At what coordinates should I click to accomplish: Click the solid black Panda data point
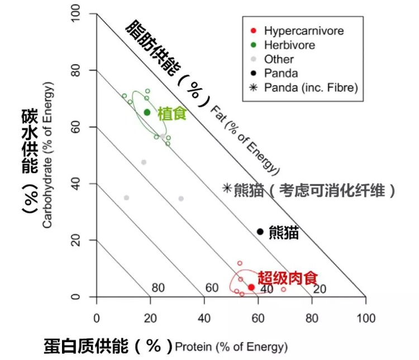(x=260, y=232)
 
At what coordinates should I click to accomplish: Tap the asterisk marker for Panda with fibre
(x=227, y=189)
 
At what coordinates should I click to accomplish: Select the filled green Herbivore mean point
(x=147, y=112)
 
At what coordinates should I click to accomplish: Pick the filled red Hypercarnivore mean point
(x=251, y=287)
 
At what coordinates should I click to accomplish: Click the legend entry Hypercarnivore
(x=303, y=31)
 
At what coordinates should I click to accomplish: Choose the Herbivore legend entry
(x=289, y=45)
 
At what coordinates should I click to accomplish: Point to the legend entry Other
(x=279, y=59)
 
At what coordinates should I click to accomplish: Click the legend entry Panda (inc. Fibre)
(x=310, y=88)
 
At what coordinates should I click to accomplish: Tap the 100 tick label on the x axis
(x=365, y=318)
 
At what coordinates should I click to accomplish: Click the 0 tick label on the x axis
(x=97, y=318)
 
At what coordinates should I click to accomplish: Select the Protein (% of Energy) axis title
(x=231, y=347)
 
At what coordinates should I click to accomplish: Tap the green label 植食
(x=172, y=114)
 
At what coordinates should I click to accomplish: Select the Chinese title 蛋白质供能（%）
(x=108, y=346)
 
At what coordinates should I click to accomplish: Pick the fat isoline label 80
(x=158, y=288)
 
